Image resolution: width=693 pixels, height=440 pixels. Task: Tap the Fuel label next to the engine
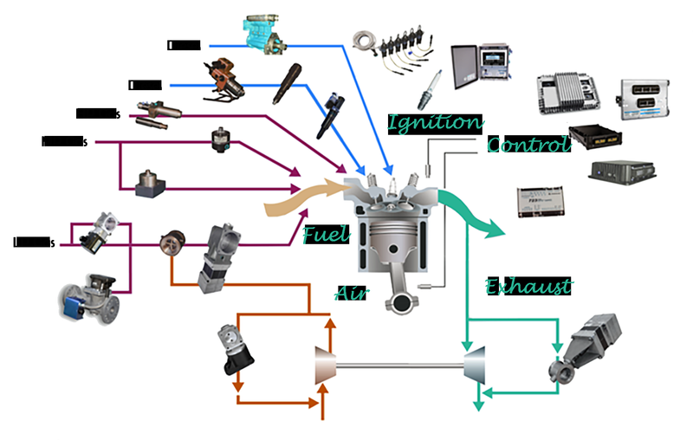(x=325, y=234)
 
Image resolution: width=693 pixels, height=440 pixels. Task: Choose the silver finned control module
(x=563, y=94)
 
